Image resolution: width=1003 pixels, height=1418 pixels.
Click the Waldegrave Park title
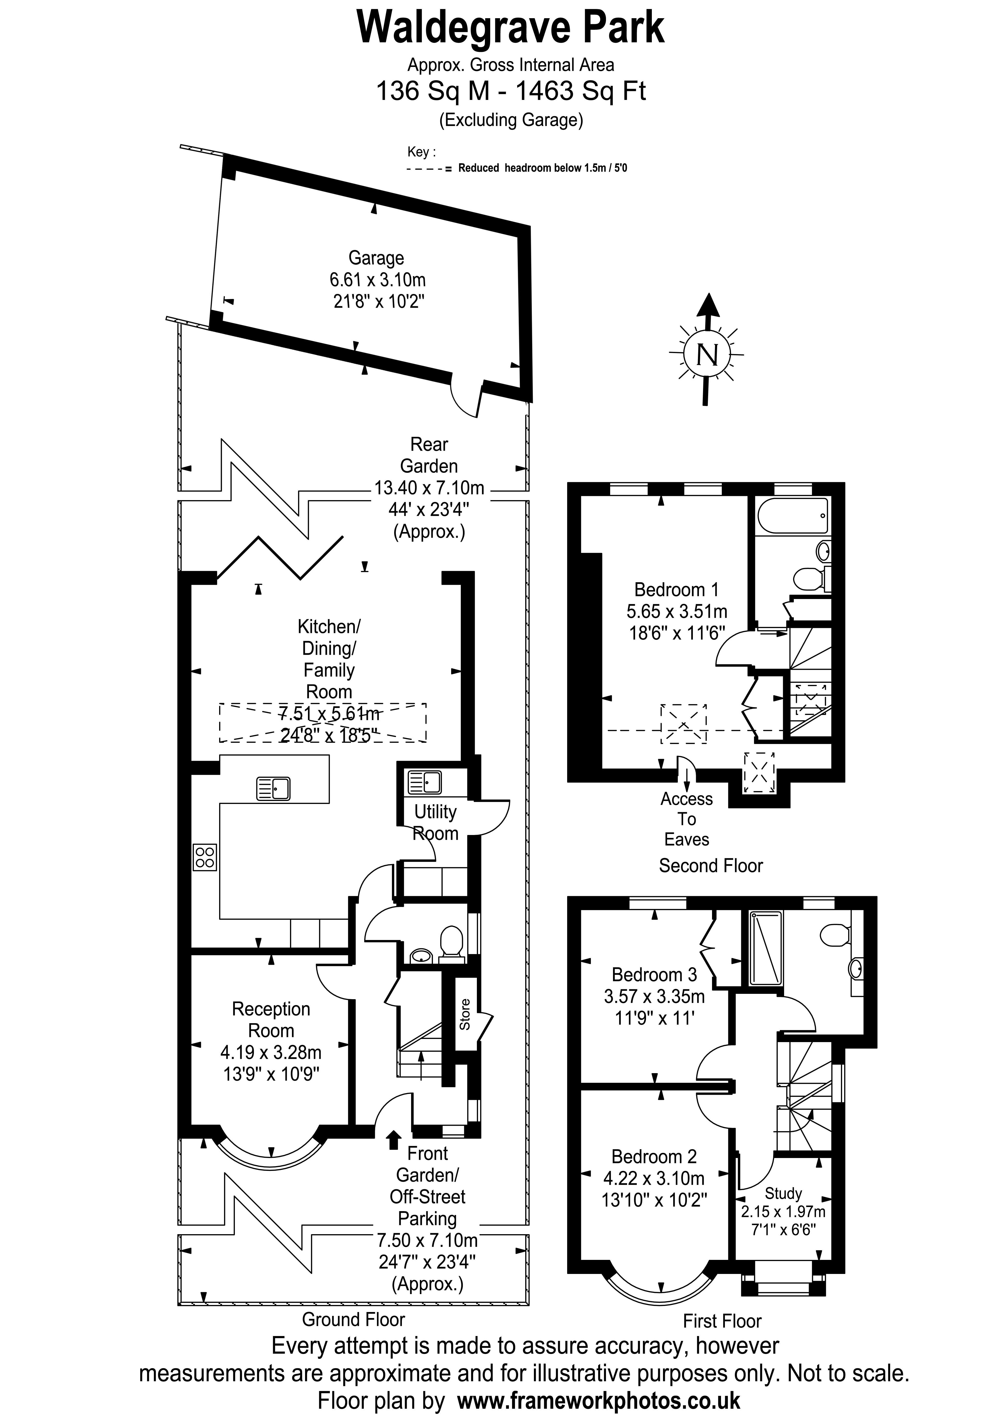point(510,28)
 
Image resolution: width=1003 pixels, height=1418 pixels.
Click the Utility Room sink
point(424,783)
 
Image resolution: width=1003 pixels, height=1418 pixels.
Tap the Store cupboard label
point(465,1014)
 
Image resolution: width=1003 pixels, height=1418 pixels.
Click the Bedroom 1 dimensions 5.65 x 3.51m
point(677,611)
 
